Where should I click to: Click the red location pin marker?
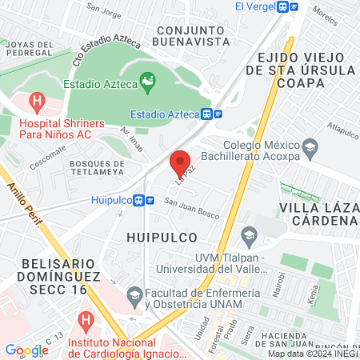181,163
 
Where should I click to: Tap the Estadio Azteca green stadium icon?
146,81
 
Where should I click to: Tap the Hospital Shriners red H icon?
36,102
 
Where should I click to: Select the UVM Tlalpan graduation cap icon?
249,235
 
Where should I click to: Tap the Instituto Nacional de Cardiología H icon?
86,322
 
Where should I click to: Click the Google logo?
26,350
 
